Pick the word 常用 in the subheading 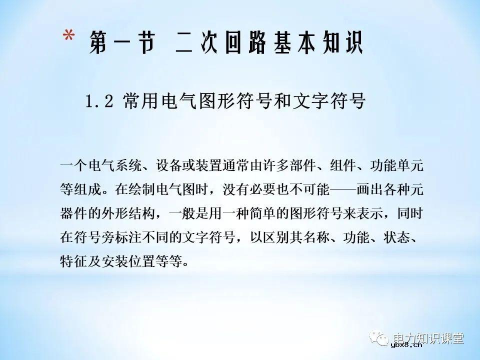[134, 102]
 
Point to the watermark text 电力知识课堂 [428, 337]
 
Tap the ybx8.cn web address [407, 344]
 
